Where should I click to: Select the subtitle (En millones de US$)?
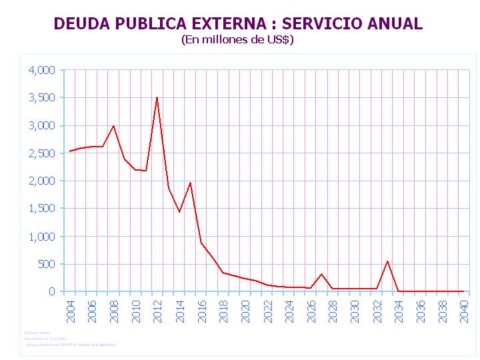pos(237,39)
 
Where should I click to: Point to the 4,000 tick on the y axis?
pos(41,70)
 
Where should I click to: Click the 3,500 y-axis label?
pos(41,97)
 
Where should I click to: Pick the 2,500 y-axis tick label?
pos(41,153)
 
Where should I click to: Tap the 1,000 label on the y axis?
pos(41,237)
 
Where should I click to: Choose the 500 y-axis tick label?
pos(47,264)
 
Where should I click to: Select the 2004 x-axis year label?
pos(70,311)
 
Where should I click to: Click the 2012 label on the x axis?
pos(157,311)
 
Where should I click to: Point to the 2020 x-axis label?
pos(245,311)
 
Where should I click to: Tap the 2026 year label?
pos(311,311)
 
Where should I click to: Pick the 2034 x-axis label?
pos(398,311)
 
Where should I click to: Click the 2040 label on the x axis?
pos(463,311)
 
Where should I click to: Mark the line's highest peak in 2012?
pos(157,98)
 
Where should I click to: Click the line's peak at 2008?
pos(113,126)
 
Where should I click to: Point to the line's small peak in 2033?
pos(387,261)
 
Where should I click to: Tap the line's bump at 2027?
pos(321,274)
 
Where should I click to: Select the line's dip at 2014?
pos(179,212)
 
